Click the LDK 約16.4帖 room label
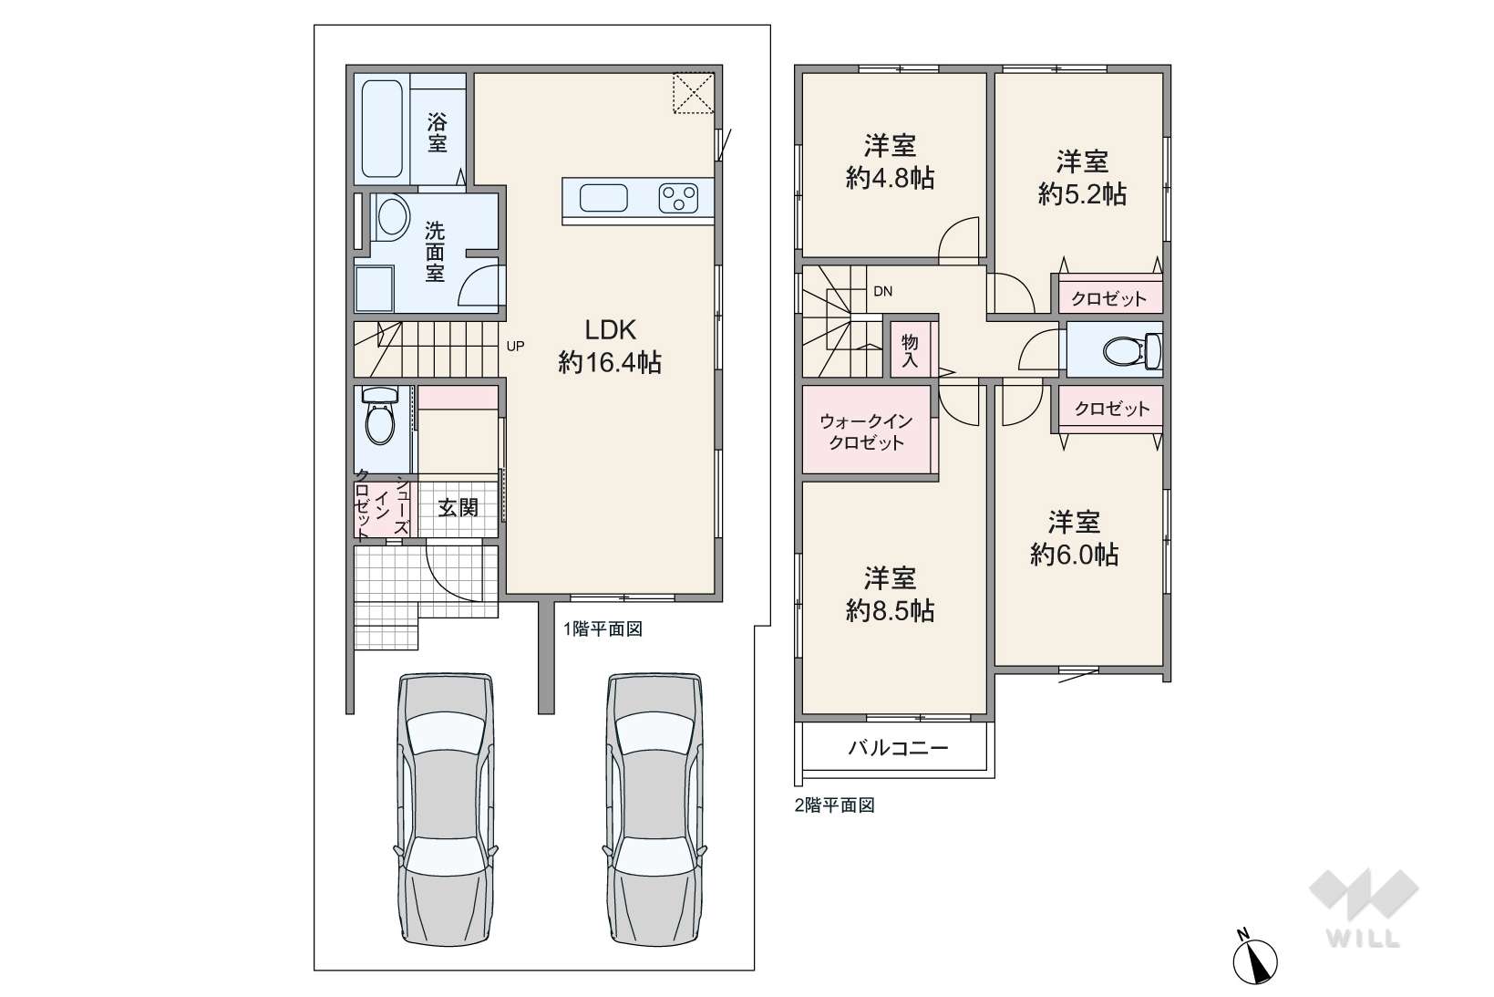[x=610, y=347]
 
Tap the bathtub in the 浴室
[x=382, y=129]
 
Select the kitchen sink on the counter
[x=603, y=198]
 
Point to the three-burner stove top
[x=678, y=198]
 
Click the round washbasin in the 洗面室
[x=392, y=217]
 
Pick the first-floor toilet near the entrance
[x=379, y=416]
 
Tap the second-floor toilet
[x=1132, y=349]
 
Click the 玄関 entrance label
[x=459, y=508]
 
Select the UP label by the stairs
[x=515, y=346]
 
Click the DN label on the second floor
[x=882, y=291]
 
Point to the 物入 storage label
[x=910, y=351]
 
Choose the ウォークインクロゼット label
[x=866, y=431]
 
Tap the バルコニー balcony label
[x=898, y=747]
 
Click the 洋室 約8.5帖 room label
[x=890, y=594]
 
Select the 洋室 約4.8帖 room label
[x=890, y=161]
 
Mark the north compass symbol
[x=1254, y=958]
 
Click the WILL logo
[x=1364, y=908]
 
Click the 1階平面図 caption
[x=603, y=628]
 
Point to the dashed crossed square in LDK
[x=693, y=93]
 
